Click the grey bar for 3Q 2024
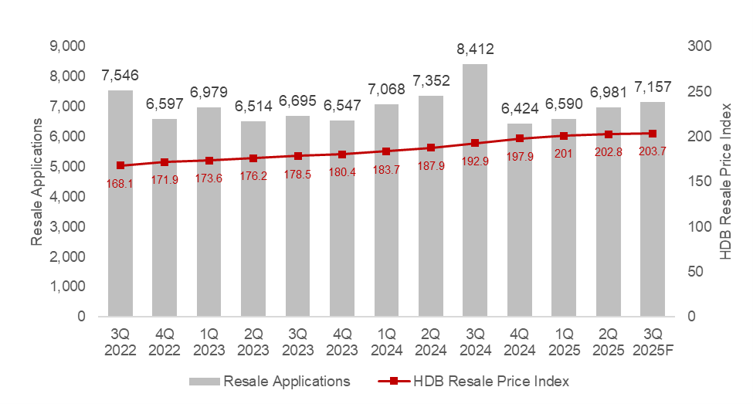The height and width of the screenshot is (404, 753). point(475,232)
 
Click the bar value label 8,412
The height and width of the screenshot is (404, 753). point(475,50)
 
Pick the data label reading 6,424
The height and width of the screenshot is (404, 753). point(519,109)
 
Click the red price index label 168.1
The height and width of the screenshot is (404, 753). point(120,184)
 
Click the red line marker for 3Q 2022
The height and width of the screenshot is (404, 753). point(120,165)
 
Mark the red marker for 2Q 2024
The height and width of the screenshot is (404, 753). point(431,148)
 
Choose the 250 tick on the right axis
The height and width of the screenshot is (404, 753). point(697,91)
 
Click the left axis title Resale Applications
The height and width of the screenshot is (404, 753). point(36,182)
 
